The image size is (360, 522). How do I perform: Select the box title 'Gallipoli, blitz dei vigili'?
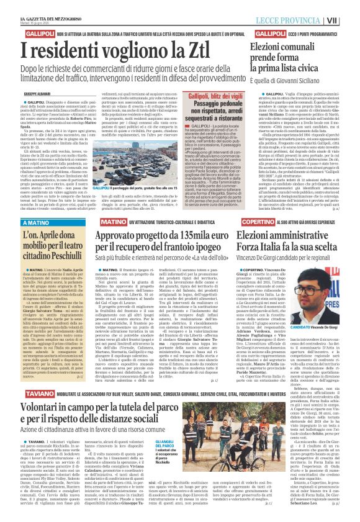215,96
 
